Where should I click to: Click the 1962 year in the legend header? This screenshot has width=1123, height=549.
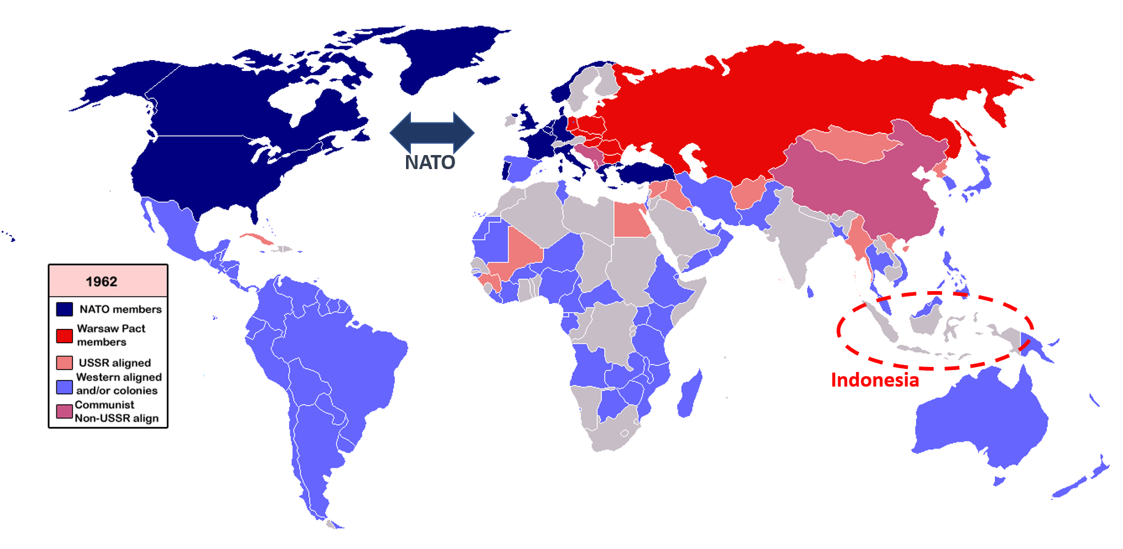101,281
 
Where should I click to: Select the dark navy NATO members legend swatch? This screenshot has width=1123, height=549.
64,309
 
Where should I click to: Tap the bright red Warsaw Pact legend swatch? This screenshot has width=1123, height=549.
64,336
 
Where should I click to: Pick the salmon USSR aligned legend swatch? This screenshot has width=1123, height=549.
64,363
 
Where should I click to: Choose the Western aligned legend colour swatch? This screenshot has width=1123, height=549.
64,387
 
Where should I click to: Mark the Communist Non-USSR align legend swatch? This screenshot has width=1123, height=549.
64,411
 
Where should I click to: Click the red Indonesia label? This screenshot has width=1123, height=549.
875,380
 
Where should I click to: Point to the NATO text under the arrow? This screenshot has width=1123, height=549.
430,162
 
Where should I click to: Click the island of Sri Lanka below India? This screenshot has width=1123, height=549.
810,292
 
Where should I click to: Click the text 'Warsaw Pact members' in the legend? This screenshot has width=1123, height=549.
111,335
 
